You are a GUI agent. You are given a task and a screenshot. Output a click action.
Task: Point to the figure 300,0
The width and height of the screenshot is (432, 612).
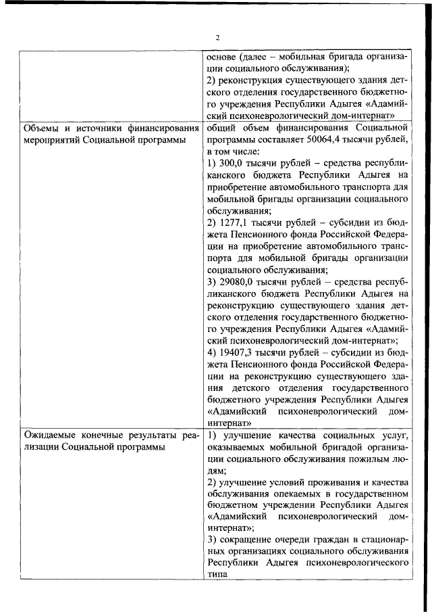[x=228, y=164]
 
